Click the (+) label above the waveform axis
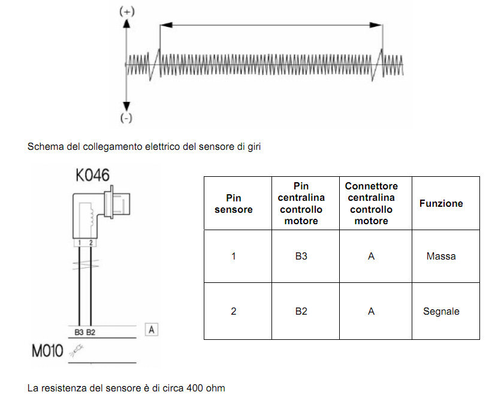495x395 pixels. (127, 11)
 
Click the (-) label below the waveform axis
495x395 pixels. (126, 117)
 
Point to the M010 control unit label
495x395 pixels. (47, 351)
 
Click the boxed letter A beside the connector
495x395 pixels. (152, 330)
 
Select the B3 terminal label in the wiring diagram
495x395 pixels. (79, 332)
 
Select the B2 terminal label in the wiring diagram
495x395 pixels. (91, 332)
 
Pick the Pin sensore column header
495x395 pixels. (234, 203)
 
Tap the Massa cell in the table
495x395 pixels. (441, 256)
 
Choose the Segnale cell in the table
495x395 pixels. (441, 311)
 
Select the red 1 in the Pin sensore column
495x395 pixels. (234, 256)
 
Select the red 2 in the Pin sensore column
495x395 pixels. (234, 311)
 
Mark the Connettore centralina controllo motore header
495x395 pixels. (372, 203)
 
